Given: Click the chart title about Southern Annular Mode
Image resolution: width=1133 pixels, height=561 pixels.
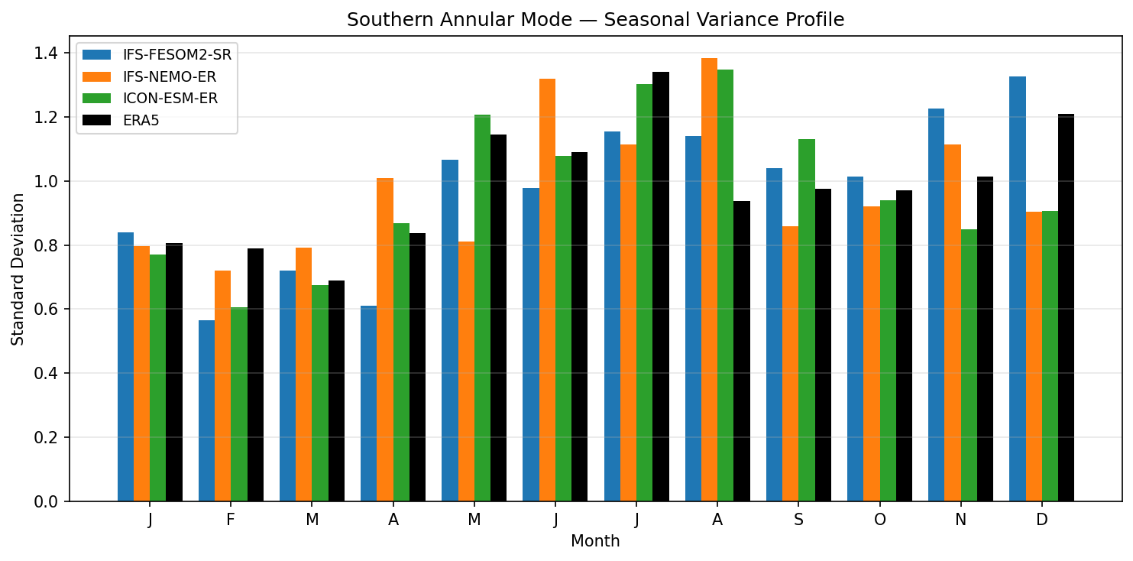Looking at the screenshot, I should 595,20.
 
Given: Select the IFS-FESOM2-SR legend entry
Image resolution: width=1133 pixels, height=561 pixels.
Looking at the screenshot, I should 176,55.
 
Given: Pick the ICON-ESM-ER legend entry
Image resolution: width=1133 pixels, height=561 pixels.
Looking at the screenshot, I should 170,98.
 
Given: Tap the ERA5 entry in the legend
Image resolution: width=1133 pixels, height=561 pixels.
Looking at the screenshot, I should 141,120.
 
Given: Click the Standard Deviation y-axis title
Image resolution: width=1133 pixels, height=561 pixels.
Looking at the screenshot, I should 18,269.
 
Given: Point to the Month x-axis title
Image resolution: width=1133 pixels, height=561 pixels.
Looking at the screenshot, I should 595,542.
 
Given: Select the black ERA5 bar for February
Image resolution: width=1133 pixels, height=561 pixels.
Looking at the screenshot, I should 255,375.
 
